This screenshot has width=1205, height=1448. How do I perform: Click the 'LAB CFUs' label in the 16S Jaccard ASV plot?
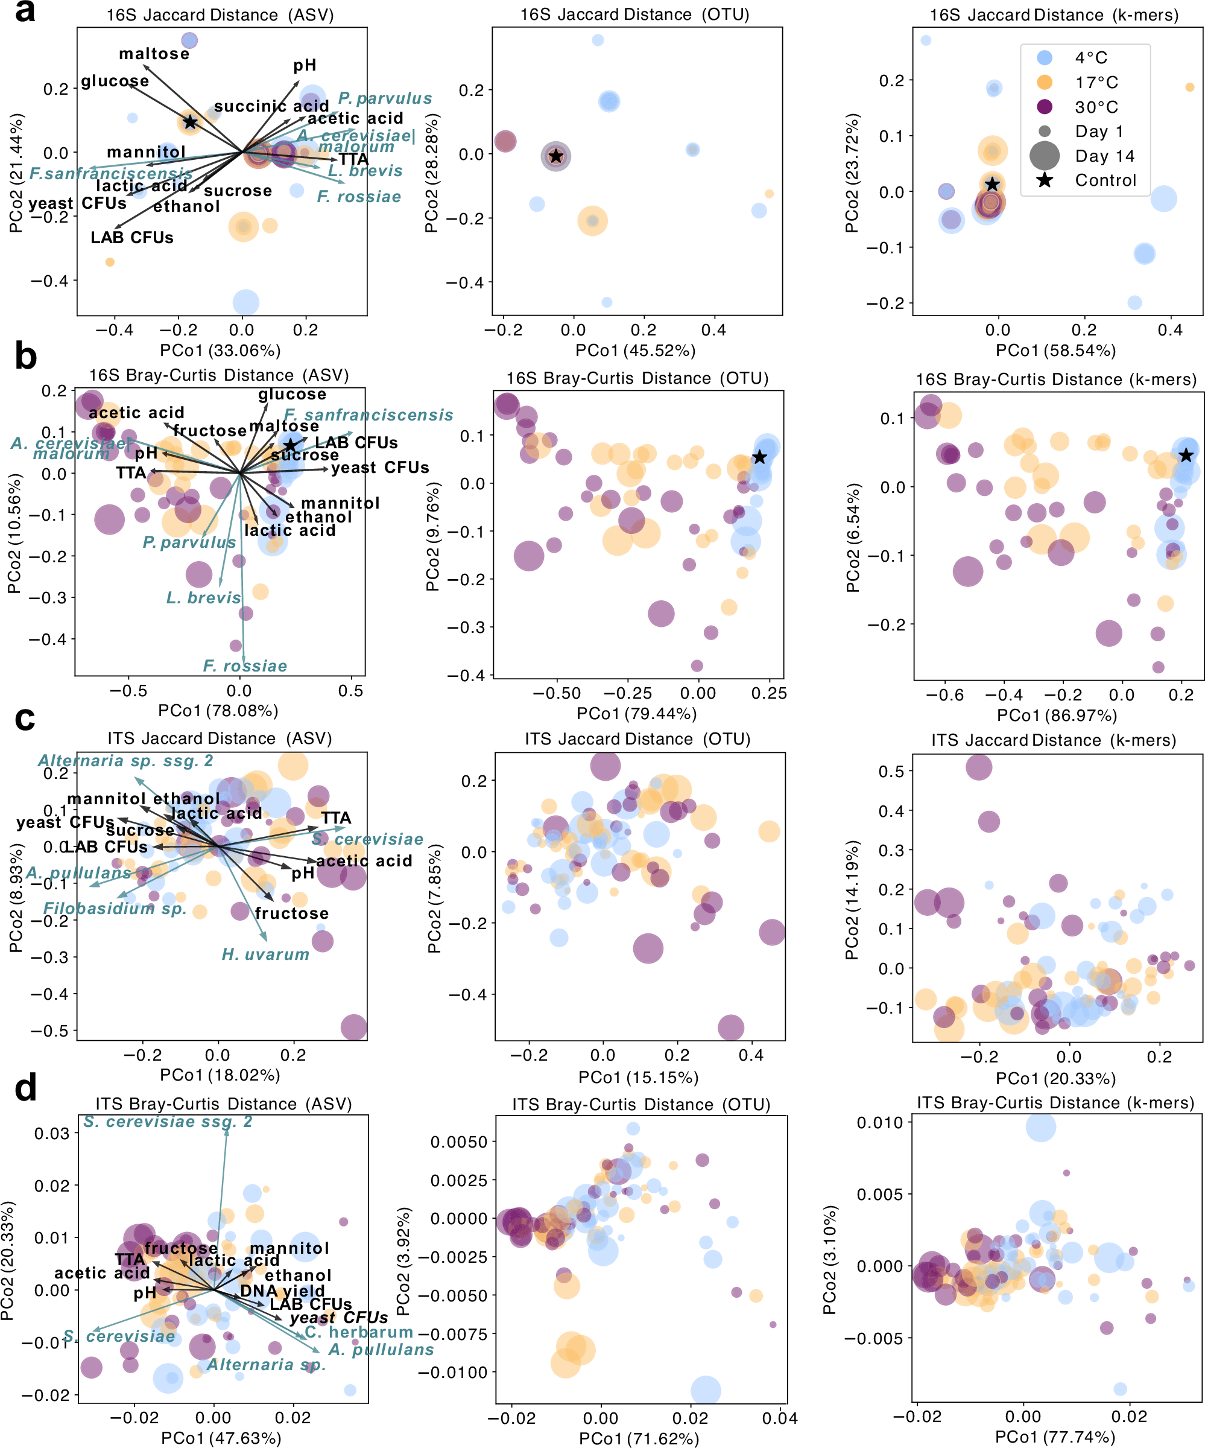[131, 238]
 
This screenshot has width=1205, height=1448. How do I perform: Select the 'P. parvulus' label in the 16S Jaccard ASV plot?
[385, 98]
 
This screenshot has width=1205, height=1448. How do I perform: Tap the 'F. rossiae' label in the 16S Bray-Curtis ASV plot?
[245, 666]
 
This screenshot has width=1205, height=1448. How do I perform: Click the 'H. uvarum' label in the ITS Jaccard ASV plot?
[265, 954]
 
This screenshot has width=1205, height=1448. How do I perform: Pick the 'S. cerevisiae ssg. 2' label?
[168, 1122]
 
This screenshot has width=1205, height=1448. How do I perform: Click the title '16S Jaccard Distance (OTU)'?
[634, 14]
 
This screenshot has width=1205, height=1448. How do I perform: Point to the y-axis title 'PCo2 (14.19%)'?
[852, 900]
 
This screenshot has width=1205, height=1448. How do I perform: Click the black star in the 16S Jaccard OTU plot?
[555, 156]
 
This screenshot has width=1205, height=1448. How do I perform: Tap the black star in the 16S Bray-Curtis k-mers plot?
[1185, 455]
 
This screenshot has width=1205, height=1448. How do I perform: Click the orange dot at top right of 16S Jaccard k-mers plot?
[1189, 87]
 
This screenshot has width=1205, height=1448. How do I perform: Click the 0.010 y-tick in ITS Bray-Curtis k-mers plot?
[879, 1123]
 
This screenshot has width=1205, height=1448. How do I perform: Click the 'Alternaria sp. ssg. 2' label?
[125, 761]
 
